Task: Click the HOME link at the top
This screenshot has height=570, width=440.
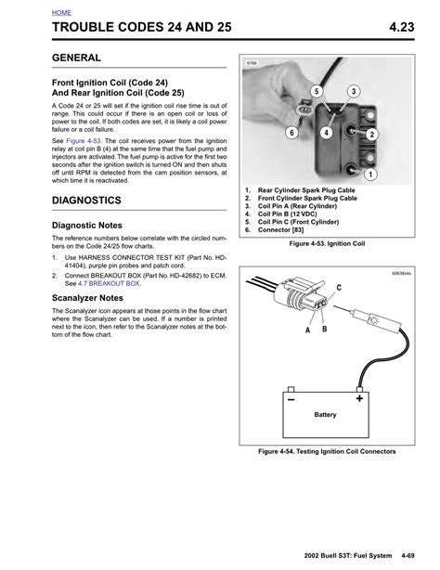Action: [x=61, y=13]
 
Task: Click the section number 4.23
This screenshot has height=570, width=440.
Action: [x=401, y=27]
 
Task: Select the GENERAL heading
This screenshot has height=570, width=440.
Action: [x=76, y=58]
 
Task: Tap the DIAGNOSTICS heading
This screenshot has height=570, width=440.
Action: [x=86, y=201]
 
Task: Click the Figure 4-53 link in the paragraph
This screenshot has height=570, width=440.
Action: [x=84, y=141]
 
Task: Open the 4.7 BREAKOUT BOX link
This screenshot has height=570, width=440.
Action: [x=110, y=283]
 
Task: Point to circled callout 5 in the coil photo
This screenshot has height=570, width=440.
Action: [x=317, y=91]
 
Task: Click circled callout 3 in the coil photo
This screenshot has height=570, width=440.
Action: [x=354, y=91]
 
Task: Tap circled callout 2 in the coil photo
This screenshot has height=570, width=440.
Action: [x=371, y=135]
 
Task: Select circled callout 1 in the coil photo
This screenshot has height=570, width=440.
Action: [x=370, y=175]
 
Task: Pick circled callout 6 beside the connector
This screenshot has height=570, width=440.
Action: [x=291, y=133]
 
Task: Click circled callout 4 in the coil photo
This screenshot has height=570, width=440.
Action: [x=326, y=133]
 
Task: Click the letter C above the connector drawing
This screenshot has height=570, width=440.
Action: [x=339, y=288]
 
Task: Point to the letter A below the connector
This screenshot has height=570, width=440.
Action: [x=307, y=330]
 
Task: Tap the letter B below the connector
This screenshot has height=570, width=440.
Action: [x=325, y=329]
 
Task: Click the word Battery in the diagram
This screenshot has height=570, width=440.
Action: [x=325, y=415]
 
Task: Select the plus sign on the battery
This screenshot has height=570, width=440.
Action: [x=359, y=398]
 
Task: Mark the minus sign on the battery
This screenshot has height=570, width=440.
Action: [x=291, y=400]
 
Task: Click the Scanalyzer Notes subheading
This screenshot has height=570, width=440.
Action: [x=87, y=298]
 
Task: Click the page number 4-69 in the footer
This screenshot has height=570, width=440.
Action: [x=408, y=556]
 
